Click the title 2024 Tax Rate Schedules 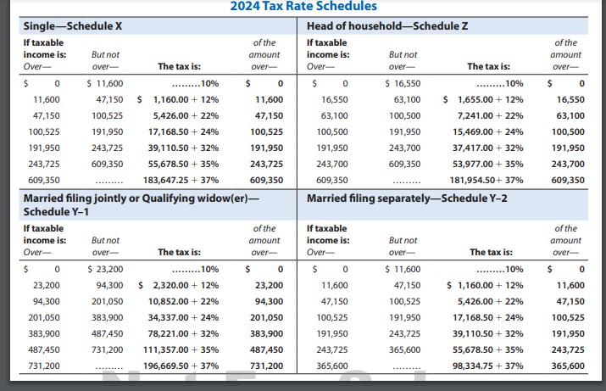(x=303, y=6)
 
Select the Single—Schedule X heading (x=73, y=26)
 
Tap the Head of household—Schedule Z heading (x=387, y=26)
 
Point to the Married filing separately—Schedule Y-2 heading (x=407, y=198)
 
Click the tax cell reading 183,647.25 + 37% (x=181, y=180)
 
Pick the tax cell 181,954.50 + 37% (x=486, y=180)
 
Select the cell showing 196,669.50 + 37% (x=181, y=366)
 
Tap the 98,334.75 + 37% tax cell (x=487, y=366)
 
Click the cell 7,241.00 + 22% (x=490, y=115)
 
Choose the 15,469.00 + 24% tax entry (x=487, y=131)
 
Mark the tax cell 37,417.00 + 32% (x=487, y=148)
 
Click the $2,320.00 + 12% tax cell (x=179, y=286)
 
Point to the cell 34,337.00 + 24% (x=183, y=317)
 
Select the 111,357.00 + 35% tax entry (x=181, y=349)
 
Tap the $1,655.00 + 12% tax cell (x=483, y=100)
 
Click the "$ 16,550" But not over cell (x=403, y=83)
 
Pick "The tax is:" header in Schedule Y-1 (x=180, y=252)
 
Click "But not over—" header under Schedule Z (x=403, y=61)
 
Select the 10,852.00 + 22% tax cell (x=183, y=302)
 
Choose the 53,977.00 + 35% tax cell (x=487, y=164)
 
